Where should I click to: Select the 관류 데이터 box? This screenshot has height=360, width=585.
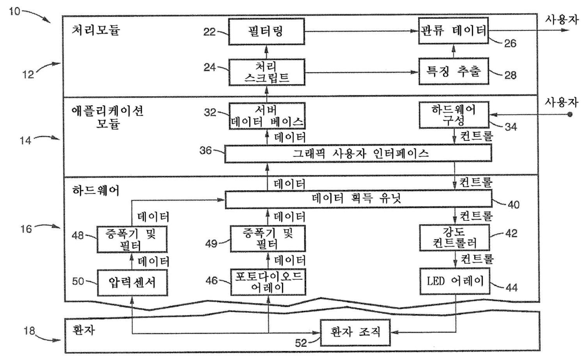(x=453, y=33)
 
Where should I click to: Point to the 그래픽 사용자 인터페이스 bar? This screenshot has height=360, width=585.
(x=359, y=153)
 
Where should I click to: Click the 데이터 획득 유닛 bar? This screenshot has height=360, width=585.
(x=359, y=199)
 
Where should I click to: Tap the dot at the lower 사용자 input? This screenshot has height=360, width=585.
(x=570, y=115)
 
